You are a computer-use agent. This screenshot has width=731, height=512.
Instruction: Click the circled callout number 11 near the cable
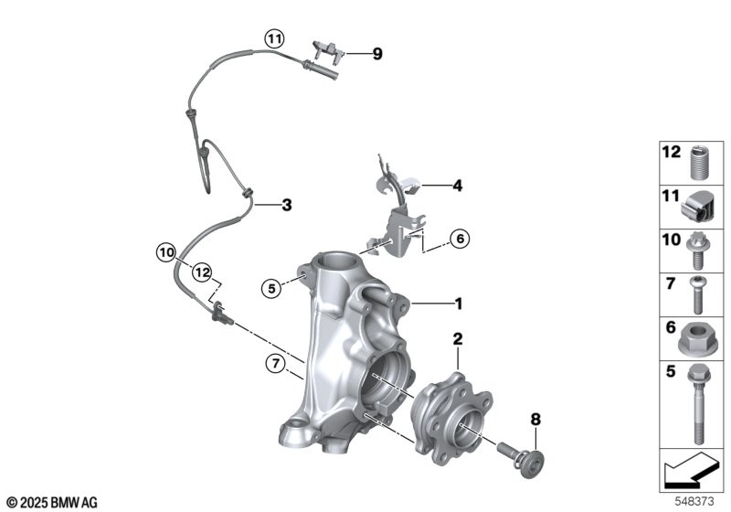point(275,38)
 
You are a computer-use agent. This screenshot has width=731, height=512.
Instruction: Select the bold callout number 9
point(377,53)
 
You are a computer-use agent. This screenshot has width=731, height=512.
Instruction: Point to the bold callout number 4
point(457,186)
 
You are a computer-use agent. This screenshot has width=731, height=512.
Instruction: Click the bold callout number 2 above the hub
point(458,339)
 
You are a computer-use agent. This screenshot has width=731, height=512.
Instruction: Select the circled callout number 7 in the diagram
point(271,365)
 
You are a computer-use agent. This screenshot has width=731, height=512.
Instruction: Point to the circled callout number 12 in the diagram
point(201,272)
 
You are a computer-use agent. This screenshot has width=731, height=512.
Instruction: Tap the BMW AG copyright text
point(51,502)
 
